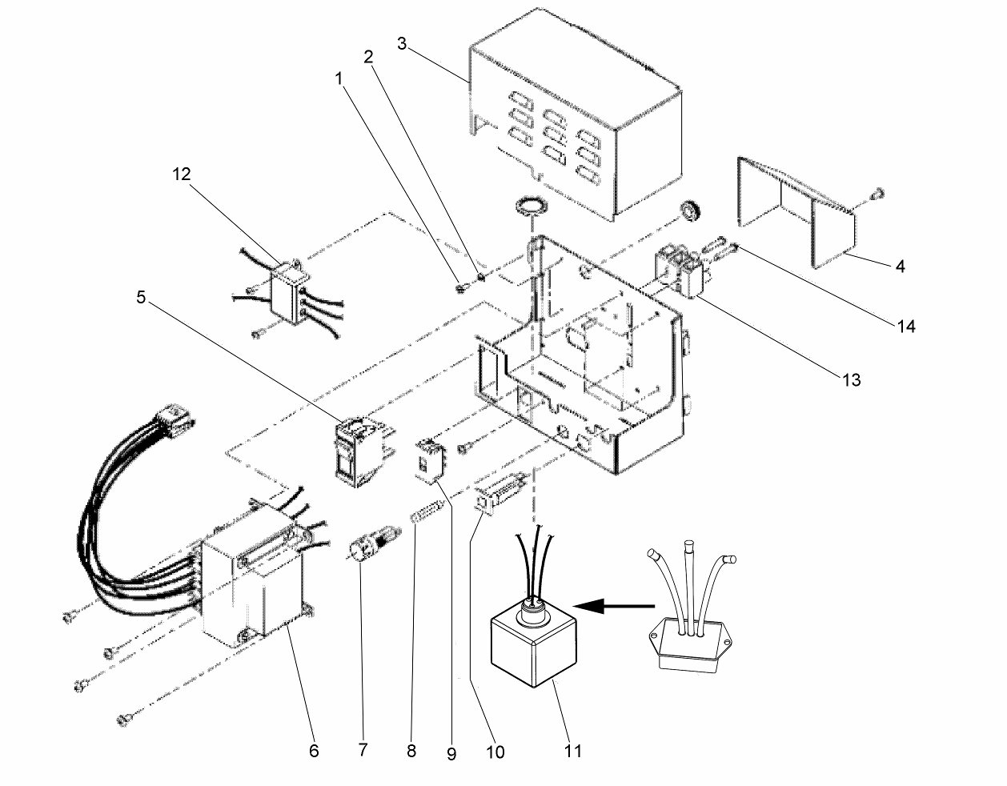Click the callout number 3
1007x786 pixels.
point(405,43)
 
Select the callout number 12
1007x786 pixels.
point(182,175)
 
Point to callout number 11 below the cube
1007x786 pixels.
point(573,751)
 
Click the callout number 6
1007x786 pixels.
point(313,751)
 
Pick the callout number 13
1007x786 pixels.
point(851,379)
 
